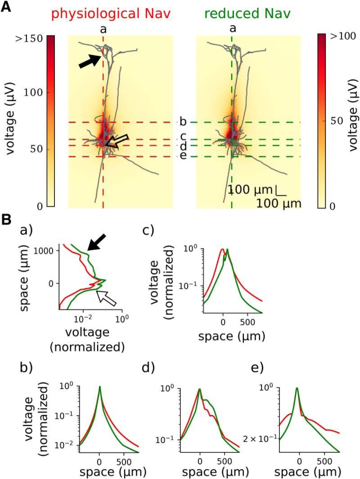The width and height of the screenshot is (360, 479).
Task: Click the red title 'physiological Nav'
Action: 111,13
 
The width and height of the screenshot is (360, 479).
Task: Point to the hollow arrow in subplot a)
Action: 107,298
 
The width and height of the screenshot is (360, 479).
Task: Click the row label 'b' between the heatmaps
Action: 183,122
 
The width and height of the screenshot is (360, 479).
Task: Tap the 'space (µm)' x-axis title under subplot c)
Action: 232,336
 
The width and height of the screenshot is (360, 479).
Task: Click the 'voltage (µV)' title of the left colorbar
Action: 12,121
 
